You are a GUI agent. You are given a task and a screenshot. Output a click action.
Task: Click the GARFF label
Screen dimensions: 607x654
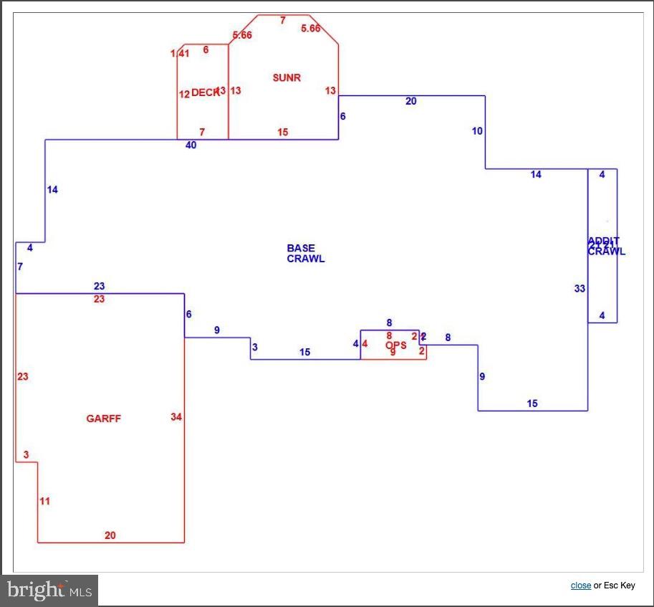(x=103, y=419)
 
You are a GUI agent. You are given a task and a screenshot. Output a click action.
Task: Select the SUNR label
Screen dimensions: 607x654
(x=287, y=77)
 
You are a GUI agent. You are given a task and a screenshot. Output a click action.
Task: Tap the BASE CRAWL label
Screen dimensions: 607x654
(x=305, y=254)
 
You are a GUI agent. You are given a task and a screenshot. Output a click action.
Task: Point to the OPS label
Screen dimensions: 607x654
(x=395, y=345)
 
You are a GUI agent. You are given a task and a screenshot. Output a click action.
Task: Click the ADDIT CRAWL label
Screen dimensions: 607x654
(x=606, y=246)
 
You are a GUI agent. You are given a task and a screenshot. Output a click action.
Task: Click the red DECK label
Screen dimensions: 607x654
(x=204, y=92)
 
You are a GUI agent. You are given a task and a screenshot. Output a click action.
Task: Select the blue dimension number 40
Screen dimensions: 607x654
(x=191, y=145)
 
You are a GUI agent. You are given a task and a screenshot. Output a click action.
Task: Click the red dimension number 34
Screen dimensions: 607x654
(x=176, y=416)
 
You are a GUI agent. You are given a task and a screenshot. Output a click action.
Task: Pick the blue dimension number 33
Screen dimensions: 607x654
(x=580, y=289)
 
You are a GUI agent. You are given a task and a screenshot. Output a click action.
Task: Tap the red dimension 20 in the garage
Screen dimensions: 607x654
(x=110, y=535)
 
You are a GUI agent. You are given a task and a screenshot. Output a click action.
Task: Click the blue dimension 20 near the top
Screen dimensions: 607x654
(x=410, y=101)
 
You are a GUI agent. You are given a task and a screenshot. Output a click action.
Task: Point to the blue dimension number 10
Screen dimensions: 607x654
(x=477, y=131)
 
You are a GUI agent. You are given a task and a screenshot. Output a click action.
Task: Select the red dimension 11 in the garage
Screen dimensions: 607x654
(x=44, y=501)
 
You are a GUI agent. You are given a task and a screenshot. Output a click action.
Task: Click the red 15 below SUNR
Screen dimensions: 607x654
(x=282, y=132)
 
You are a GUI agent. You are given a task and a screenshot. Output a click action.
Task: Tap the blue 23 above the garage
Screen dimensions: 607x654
(x=99, y=287)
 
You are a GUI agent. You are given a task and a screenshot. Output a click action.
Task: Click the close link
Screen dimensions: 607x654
(x=580, y=586)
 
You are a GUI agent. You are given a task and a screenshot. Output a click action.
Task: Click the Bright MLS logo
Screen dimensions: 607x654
(x=49, y=591)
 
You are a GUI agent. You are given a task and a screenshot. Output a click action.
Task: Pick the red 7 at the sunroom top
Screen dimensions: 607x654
(x=282, y=21)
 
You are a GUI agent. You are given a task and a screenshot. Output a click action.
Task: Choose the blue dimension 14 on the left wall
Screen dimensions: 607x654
(x=52, y=190)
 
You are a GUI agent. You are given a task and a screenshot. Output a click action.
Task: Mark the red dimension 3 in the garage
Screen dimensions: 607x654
(x=26, y=454)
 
